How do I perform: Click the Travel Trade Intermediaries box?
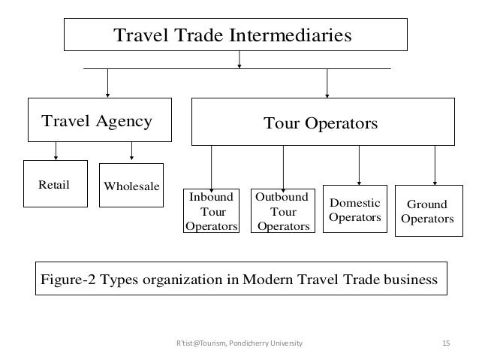pyautogui.click(x=235, y=35)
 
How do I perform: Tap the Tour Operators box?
pyautogui.click(x=324, y=121)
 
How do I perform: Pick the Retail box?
pyautogui.click(x=55, y=183)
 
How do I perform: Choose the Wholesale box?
pyautogui.click(x=131, y=185)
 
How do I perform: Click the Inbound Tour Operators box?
pyautogui.click(x=212, y=211)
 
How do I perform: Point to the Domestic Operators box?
pyautogui.click(x=355, y=209)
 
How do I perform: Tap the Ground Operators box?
pyautogui.click(x=426, y=211)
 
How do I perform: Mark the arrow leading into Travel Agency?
pyautogui.click(x=108, y=83)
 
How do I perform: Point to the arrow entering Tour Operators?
pyautogui.click(x=327, y=83)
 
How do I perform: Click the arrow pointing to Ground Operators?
pyautogui.click(x=435, y=164)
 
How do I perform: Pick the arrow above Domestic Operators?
pyautogui.click(x=359, y=164)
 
